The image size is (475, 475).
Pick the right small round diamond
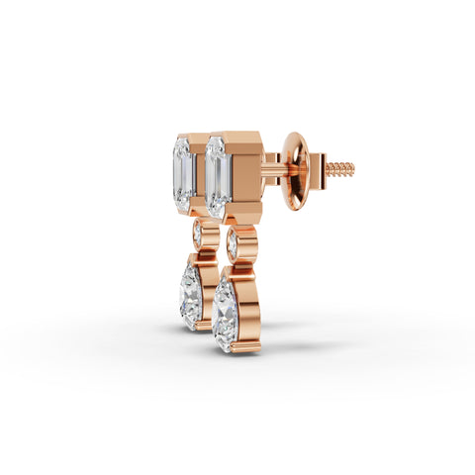pyautogui.click(x=233, y=242)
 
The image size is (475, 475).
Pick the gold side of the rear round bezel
pyautogui.click(x=211, y=237)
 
